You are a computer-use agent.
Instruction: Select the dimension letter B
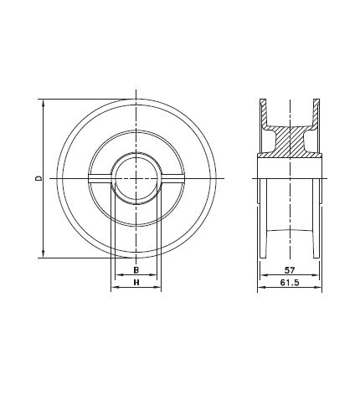pos(135,271)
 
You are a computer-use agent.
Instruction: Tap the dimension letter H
pos(135,284)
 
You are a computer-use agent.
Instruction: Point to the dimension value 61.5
pos(290,284)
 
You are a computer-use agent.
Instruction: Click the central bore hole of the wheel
pos(135,179)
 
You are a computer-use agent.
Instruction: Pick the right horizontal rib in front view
pos(171,177)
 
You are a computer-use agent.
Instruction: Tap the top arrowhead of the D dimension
pos(42,104)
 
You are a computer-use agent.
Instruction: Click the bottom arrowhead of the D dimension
pos(42,255)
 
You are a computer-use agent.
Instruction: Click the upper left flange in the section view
pos(263,113)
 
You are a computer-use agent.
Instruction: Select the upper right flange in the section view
pos(317,113)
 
